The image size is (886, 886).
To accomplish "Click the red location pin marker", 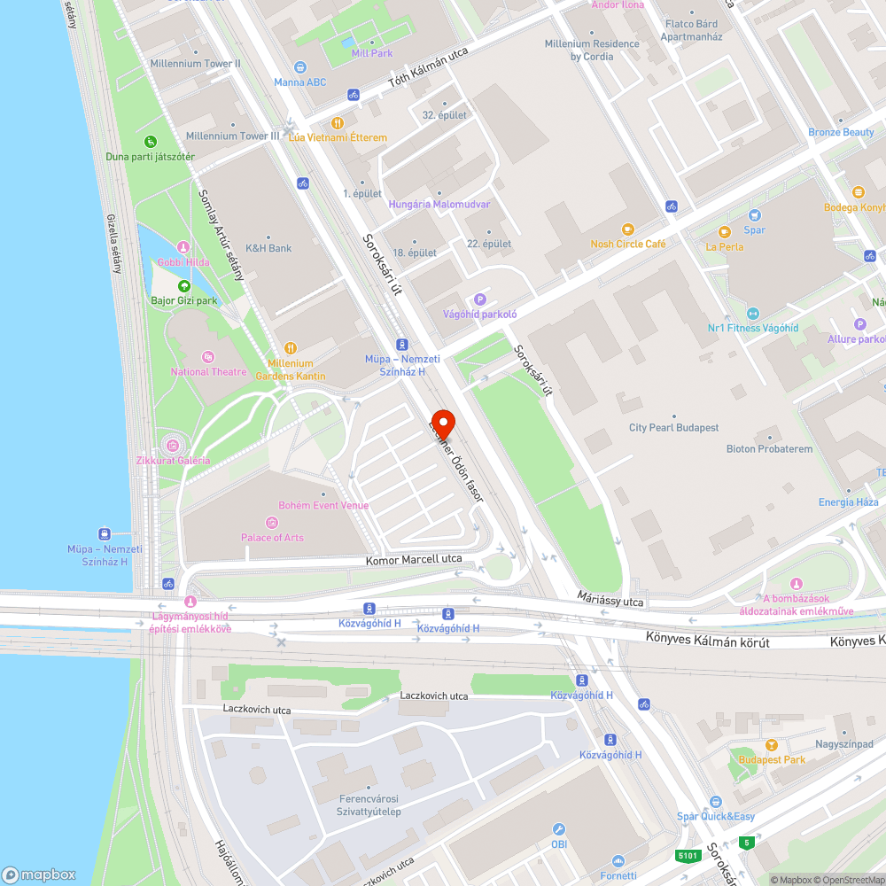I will (x=442, y=423).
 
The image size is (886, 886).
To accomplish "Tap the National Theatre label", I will (x=208, y=372).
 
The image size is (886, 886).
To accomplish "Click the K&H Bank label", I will (x=268, y=248).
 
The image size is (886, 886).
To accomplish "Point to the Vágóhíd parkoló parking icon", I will (x=480, y=299).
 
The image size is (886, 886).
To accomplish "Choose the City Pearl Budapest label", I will (x=673, y=428).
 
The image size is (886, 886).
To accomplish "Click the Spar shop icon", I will (x=754, y=215).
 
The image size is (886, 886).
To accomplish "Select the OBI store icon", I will (x=559, y=829).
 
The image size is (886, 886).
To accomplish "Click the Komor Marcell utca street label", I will (x=414, y=560).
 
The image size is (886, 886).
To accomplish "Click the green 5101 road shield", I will (x=687, y=856).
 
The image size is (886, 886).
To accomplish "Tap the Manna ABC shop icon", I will (x=300, y=67).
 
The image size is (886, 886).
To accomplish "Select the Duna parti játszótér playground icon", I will (x=151, y=142).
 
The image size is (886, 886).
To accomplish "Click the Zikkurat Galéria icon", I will (x=173, y=445).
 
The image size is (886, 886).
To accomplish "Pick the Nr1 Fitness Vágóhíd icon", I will (x=753, y=313).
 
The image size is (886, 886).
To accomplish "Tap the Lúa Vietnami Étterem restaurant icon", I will (x=337, y=123).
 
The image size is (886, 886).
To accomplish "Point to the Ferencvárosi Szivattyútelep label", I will (x=369, y=805).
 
